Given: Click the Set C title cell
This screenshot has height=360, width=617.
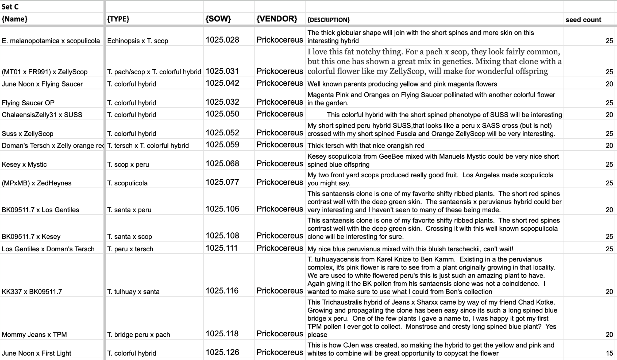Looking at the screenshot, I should [x=10, y=7].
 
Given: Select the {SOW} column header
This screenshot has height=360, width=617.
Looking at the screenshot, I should [x=218, y=19].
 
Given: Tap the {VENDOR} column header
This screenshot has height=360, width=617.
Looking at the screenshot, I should [x=277, y=19].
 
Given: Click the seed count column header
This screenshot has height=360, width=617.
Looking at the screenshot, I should [x=583, y=20].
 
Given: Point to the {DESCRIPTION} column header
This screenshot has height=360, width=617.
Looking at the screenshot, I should [x=328, y=20].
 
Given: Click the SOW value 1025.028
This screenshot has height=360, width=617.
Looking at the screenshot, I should [x=222, y=40].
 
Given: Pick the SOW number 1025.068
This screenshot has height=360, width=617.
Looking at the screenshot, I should [x=222, y=164].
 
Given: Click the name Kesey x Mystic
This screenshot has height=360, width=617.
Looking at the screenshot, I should [x=24, y=164].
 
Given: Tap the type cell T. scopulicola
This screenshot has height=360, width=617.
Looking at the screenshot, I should [x=127, y=183].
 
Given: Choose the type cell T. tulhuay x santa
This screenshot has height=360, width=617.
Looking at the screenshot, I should [x=133, y=291].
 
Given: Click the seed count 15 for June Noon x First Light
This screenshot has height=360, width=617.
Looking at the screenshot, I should [x=609, y=353].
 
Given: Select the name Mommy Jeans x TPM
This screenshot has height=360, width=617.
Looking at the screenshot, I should [x=34, y=335].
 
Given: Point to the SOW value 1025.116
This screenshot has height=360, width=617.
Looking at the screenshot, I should [x=222, y=291].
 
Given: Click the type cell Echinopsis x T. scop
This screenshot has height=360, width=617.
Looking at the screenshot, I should [x=138, y=41].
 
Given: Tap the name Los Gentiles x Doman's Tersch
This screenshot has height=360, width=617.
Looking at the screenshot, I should [x=48, y=249].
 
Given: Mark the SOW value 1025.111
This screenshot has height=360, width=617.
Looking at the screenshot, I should [x=222, y=248].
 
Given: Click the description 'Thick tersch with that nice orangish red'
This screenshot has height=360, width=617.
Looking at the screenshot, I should [x=366, y=146].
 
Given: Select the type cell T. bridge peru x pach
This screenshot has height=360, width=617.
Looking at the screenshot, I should [x=138, y=335].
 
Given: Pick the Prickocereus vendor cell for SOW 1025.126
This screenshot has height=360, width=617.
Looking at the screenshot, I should [x=280, y=352].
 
